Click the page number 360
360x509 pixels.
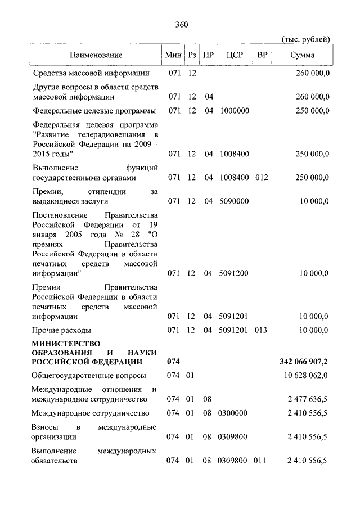pos(181,25)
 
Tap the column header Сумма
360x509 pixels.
pos(303,55)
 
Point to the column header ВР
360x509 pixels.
pos(262,55)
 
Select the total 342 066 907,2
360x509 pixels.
pos(304,361)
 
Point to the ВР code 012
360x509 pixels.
pos(262,178)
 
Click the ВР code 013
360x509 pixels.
pos(262,330)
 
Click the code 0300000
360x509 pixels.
pos(233,413)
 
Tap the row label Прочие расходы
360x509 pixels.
pos(62,330)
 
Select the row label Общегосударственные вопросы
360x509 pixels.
pos(89,375)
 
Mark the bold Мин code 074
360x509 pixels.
pos(173,361)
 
